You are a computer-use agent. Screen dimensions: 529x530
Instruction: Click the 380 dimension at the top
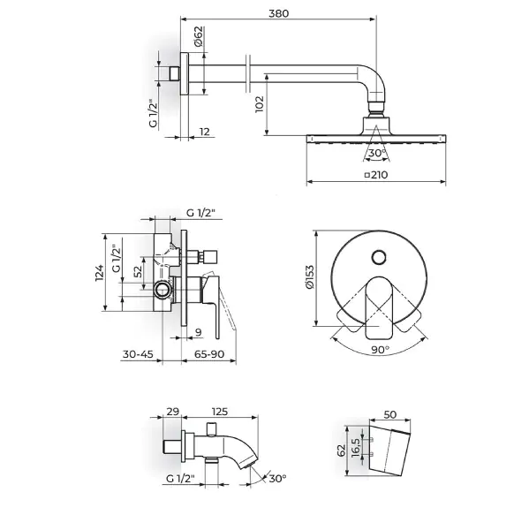point(278,13)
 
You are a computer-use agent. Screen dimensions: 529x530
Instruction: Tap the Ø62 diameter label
point(198,36)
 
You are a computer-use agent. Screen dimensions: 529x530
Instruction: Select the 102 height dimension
point(260,104)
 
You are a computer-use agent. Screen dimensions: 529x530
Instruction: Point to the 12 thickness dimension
point(205,131)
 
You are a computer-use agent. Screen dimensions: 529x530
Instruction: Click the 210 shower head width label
point(376,175)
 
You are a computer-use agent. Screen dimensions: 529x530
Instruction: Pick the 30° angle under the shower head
point(377,153)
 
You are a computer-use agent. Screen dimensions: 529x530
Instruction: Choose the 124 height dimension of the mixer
point(99,273)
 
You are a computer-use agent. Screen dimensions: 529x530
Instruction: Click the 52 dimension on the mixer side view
point(138,271)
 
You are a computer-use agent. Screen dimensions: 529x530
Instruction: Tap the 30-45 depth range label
point(138,354)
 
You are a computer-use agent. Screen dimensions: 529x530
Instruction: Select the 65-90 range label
point(209,354)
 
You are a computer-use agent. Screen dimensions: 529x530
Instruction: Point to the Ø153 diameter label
point(309,277)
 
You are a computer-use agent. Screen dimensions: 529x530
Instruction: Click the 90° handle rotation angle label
point(381,350)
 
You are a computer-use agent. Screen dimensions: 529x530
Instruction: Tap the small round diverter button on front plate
point(379,258)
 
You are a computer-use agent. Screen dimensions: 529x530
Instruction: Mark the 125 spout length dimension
point(220,412)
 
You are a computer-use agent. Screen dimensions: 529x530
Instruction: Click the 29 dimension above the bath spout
point(172,412)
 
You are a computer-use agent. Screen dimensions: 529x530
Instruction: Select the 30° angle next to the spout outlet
point(277,478)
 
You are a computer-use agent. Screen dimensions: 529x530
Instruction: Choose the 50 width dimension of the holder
point(389,414)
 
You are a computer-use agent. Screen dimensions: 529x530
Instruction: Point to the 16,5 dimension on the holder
point(355,448)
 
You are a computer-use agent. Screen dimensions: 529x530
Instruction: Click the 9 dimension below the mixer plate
point(199,332)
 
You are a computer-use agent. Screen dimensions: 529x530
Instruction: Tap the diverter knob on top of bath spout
point(212,428)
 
